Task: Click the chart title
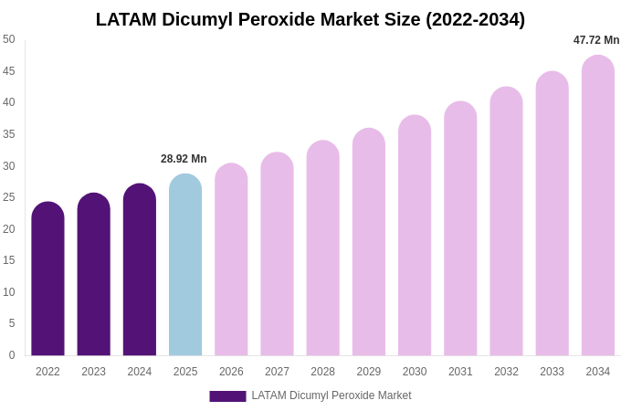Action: pyautogui.click(x=310, y=19)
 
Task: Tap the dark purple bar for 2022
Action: pyautogui.click(x=47, y=279)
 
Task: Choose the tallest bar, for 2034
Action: pyautogui.click(x=598, y=205)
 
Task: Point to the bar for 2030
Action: pyautogui.click(x=415, y=236)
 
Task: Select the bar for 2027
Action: pyautogui.click(x=277, y=254)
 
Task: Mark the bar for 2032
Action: pyautogui.click(x=506, y=221)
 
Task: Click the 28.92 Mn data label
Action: pyautogui.click(x=184, y=159)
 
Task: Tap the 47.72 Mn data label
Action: pyautogui.click(x=596, y=40)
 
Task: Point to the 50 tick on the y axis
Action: pyautogui.click(x=9, y=39)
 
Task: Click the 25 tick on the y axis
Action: pyautogui.click(x=9, y=197)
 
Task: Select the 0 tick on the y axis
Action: pyautogui.click(x=11, y=355)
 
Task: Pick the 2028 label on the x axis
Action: pyautogui.click(x=322, y=372)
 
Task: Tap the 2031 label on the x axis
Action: pyautogui.click(x=460, y=372)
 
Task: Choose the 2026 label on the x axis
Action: pyautogui.click(x=231, y=372)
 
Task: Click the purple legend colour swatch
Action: pyautogui.click(x=227, y=396)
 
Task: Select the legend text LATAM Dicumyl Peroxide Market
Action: pyautogui.click(x=332, y=395)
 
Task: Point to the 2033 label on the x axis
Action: pyautogui.click(x=552, y=372)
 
